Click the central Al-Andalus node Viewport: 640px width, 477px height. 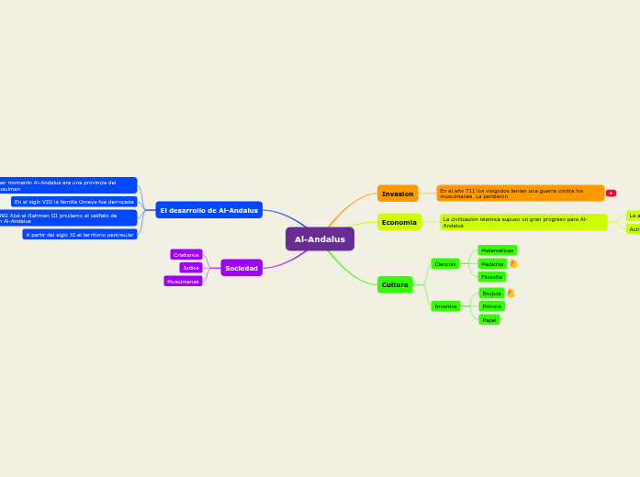click(320, 239)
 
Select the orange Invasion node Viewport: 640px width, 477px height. click(398, 194)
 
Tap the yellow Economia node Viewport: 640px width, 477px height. click(399, 222)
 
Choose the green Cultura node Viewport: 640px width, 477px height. click(395, 284)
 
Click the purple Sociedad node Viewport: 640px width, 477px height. click(241, 268)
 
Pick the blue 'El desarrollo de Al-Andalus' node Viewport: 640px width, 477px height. click(209, 210)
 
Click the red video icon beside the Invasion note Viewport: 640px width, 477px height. click(611, 194)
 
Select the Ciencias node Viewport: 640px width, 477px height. click(445, 264)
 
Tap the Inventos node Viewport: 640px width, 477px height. click(445, 306)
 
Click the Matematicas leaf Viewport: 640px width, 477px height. click(497, 250)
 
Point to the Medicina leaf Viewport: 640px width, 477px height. click(492, 264)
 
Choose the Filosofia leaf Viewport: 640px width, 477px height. click(491, 277)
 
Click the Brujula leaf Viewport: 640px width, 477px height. click(491, 294)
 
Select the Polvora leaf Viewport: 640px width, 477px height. click(491, 306)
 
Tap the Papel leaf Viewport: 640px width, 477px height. click(489, 320)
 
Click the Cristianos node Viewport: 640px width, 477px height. click(186, 255)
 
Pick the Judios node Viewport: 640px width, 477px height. click(191, 268)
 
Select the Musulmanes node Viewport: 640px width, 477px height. click(183, 282)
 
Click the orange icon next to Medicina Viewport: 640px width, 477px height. click(513, 264)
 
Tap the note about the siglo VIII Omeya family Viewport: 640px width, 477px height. click(74, 202)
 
